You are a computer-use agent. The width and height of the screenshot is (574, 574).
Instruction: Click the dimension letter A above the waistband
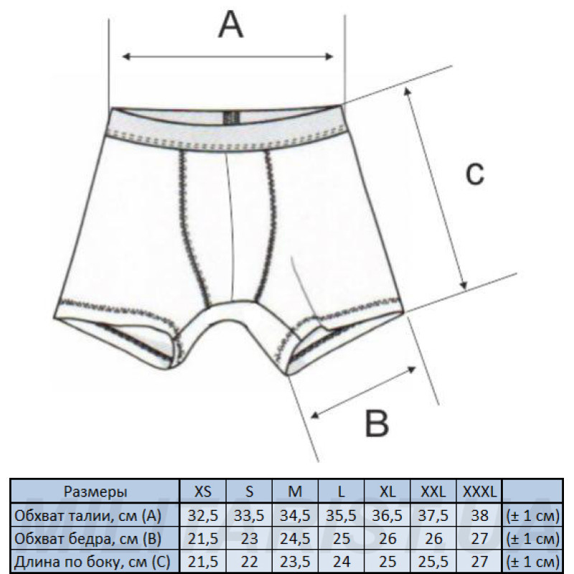[x=230, y=24]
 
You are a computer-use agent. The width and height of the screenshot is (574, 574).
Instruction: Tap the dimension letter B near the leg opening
[x=377, y=423]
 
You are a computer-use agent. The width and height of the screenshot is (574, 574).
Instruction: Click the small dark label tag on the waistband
[x=231, y=118]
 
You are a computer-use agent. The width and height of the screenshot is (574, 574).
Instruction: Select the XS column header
[x=203, y=491]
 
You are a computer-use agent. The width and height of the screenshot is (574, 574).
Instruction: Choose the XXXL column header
[x=479, y=491]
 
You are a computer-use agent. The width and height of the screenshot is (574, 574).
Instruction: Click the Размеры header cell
[x=95, y=491]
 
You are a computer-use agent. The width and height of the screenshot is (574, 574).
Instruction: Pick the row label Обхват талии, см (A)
[x=88, y=515]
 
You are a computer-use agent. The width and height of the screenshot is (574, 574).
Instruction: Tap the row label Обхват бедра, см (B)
[x=88, y=539]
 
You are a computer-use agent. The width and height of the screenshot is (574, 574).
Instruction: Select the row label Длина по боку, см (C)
[x=93, y=562]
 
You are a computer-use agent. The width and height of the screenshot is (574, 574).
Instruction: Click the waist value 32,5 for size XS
[x=203, y=515]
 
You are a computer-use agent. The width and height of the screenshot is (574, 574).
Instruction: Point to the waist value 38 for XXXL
[x=479, y=515]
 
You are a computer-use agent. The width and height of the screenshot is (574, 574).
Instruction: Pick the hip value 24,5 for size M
[x=295, y=539]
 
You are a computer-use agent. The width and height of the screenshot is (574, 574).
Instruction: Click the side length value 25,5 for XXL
[x=433, y=562]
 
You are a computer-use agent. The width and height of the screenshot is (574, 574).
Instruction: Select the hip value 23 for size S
[x=249, y=539]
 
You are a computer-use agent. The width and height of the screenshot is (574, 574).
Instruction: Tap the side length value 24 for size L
[x=341, y=562]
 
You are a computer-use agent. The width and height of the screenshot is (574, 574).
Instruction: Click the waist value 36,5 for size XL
[x=387, y=515]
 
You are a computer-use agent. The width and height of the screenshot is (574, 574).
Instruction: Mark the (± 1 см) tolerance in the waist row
[x=532, y=516]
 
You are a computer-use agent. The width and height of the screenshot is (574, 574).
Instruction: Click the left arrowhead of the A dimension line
[x=126, y=57]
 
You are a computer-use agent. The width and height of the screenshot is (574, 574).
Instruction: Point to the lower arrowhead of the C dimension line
[x=464, y=285]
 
